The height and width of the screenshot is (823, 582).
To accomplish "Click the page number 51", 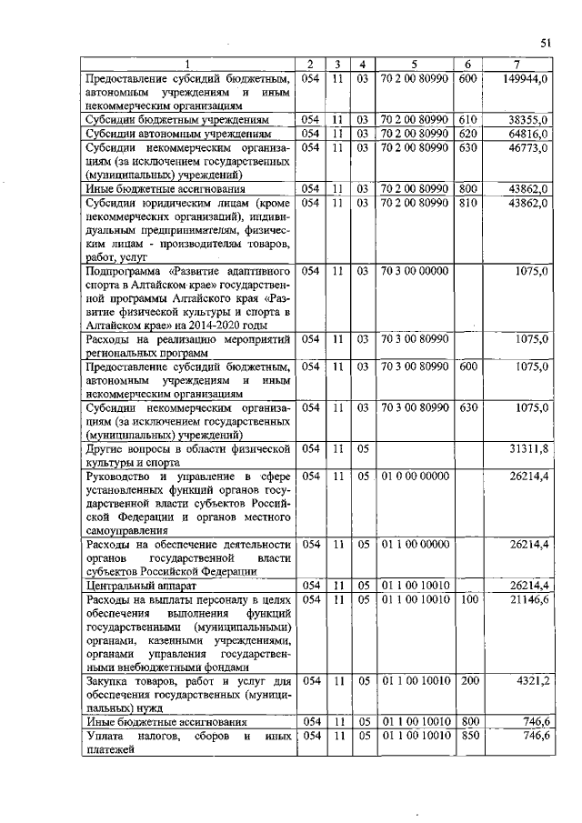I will click(546, 43).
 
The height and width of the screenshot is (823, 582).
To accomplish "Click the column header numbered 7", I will click(517, 64).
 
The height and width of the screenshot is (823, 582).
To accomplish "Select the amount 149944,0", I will click(526, 80).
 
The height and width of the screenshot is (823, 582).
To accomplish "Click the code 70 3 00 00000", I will click(414, 272).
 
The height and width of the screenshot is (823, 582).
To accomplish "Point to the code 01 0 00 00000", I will click(414, 476).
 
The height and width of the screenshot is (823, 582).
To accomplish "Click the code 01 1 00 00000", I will click(414, 544).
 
